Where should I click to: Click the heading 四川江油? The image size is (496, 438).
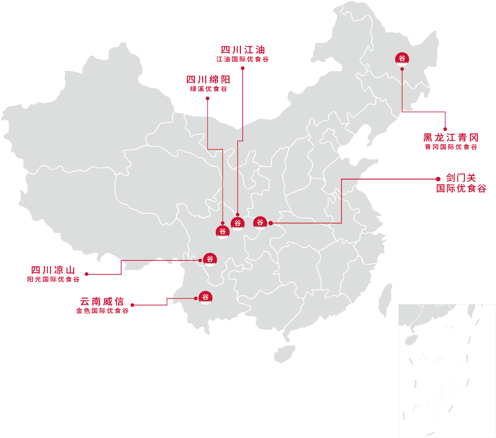point(243,50)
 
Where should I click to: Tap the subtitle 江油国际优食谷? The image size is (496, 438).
point(243,59)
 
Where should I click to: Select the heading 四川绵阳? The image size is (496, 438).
point(208,80)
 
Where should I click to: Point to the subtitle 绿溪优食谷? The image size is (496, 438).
point(208,89)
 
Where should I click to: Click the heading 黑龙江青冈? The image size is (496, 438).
point(451,138)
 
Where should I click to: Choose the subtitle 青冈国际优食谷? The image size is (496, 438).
point(451,146)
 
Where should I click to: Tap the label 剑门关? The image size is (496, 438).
point(461,178)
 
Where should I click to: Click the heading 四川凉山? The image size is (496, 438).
point(53,270)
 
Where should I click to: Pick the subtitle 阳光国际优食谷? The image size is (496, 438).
point(53,279)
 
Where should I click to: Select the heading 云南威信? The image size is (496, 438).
point(102,301)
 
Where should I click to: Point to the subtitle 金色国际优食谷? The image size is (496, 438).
point(102,311)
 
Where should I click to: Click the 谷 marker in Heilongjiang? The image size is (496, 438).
point(402,59)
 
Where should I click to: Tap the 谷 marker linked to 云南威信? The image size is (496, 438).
point(206,298)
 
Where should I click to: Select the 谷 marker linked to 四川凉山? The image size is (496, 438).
point(210,259)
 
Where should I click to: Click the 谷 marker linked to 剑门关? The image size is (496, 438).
point(260,223)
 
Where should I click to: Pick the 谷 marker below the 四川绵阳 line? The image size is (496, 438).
point(223,232)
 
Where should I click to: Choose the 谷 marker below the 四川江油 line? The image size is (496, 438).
point(237,223)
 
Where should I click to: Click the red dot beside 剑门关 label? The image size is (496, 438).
point(438,179)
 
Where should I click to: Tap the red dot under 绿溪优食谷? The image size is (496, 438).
point(208,98)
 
